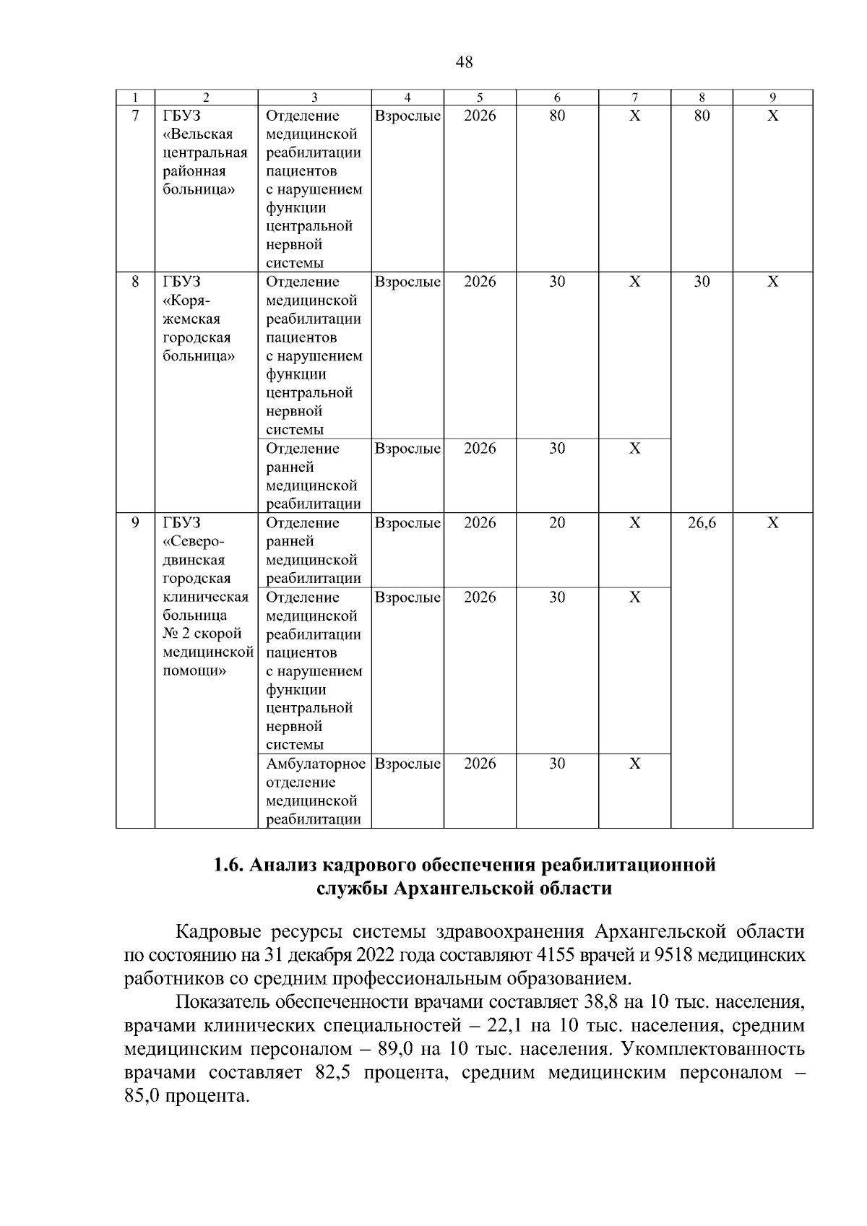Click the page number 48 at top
465,62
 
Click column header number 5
480,98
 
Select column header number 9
772,98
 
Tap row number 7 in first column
135,116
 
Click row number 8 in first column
135,282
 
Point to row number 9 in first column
135,522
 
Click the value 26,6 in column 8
702,522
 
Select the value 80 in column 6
556,116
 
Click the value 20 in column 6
556,522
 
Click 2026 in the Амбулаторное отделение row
480,764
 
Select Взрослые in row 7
407,116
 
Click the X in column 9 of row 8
772,282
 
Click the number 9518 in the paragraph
673,955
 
